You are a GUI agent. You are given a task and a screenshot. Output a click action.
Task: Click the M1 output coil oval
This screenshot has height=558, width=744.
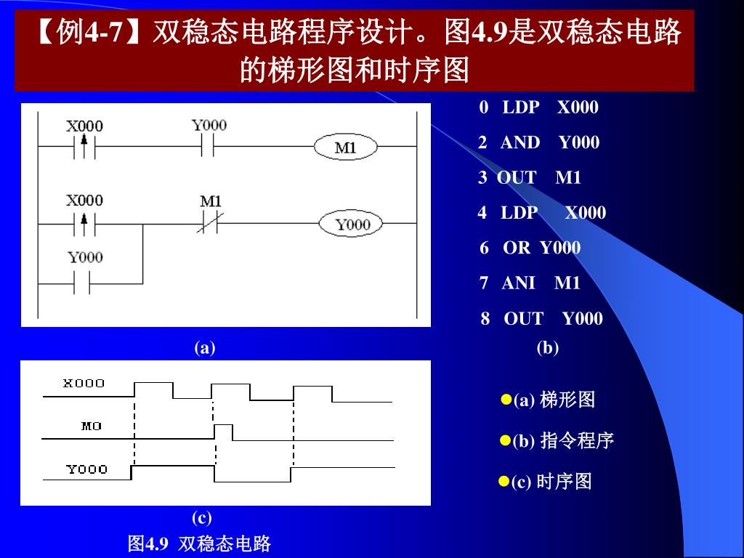click(x=346, y=147)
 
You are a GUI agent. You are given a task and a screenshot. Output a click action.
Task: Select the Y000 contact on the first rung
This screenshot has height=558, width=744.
click(x=209, y=147)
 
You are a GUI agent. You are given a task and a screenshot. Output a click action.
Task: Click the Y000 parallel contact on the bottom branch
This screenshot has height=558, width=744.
click(x=85, y=283)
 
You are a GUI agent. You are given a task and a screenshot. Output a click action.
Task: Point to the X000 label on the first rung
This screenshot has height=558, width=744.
click(x=84, y=125)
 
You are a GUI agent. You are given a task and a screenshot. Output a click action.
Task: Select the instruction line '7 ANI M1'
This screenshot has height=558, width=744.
click(x=530, y=283)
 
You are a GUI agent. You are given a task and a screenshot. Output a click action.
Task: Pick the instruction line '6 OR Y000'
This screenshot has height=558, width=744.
click(x=530, y=248)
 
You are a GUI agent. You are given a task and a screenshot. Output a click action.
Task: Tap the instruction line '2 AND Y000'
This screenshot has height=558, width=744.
click(x=538, y=142)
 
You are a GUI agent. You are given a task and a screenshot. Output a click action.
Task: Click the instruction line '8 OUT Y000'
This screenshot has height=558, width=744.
click(x=541, y=318)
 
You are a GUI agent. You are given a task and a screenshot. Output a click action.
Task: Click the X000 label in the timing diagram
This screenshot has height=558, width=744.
click(x=84, y=383)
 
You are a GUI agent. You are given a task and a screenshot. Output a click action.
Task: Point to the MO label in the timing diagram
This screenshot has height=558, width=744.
click(x=92, y=426)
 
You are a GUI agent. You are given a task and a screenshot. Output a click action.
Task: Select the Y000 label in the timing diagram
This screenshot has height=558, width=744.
click(x=87, y=469)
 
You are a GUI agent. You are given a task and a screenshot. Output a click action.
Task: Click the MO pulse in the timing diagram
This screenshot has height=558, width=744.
click(x=224, y=432)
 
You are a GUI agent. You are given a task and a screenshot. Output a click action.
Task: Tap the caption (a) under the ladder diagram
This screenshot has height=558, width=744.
click(x=205, y=348)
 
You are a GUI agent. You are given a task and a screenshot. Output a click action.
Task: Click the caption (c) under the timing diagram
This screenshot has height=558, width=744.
click(x=202, y=518)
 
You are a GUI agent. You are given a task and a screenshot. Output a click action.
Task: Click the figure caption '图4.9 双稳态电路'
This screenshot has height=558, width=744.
click(x=199, y=543)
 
